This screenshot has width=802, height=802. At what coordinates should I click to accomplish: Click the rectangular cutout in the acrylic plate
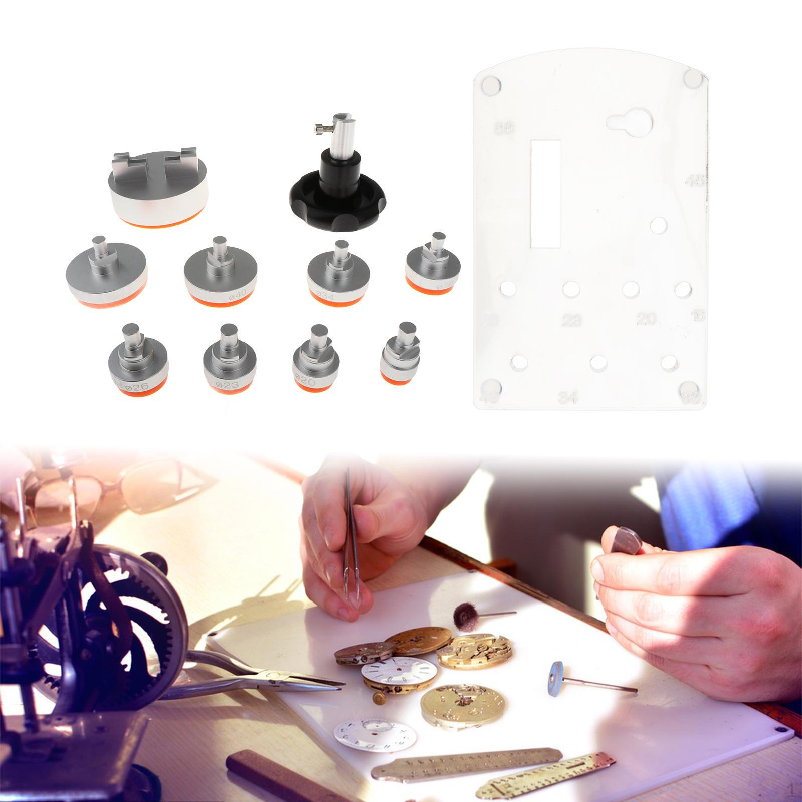point(545,193)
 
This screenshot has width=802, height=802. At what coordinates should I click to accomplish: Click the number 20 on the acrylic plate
point(646,319)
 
